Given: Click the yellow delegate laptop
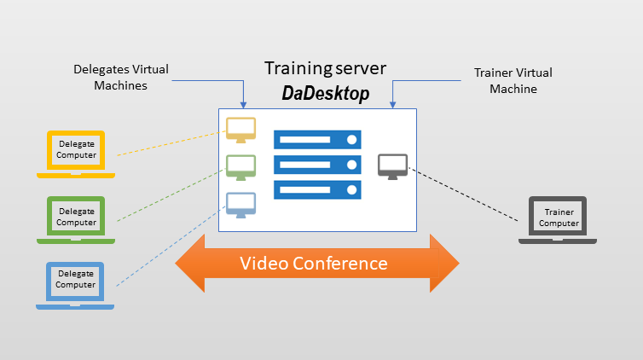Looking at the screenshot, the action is tap(76, 154).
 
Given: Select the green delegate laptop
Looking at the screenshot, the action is tap(76, 220).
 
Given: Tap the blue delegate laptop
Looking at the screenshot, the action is tap(75, 286).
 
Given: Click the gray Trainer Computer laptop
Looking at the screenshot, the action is tap(558, 220).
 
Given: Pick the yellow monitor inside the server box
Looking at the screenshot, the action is tap(241, 130).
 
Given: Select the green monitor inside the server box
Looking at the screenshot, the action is tap(241, 167).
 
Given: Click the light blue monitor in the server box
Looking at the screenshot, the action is tap(241, 205).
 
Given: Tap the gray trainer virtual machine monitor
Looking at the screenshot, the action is tap(392, 166).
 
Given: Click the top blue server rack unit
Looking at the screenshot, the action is tap(317, 140).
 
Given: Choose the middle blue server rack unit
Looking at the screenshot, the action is tap(317, 165).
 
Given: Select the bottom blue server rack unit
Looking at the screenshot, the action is tap(317, 190).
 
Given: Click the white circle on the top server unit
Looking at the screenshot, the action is tap(351, 140).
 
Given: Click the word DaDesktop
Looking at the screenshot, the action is tap(326, 93).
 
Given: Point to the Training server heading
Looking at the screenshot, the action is tap(325, 68).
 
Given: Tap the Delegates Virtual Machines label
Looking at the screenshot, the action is tap(121, 77).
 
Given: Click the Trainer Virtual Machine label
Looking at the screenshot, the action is tap(513, 80).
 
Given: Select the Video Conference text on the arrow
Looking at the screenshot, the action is tap(314, 264).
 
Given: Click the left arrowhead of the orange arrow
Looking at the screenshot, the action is tap(190, 264).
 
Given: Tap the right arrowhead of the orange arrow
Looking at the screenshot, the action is tap(444, 264).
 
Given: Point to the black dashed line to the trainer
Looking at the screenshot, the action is tap(463, 195).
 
